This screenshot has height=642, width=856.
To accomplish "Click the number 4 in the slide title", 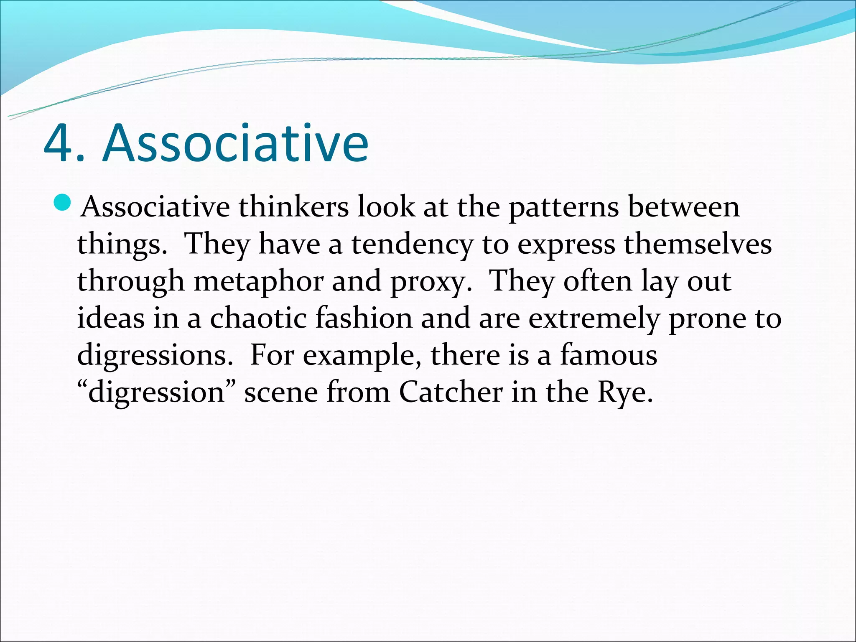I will pos(59,143).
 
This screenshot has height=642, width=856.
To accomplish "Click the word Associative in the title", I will pos(235,143).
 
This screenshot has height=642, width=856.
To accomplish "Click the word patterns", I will pos(563,208).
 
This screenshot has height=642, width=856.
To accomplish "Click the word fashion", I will pos(364,318).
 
